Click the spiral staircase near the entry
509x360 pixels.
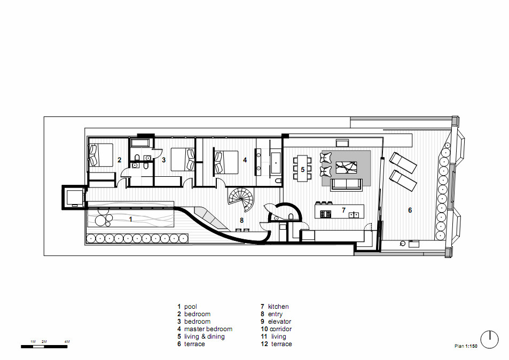click(x=240, y=198)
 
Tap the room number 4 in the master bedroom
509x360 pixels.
click(x=245, y=160)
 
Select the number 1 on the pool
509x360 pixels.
click(x=130, y=220)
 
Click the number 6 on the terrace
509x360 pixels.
click(x=410, y=210)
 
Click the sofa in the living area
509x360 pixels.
click(x=347, y=185)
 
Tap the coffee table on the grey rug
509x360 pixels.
click(x=347, y=168)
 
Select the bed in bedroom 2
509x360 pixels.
click(x=100, y=155)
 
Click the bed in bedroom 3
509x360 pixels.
click(x=183, y=159)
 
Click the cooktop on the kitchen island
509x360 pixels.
click(x=326, y=214)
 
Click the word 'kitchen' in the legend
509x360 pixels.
click(x=278, y=307)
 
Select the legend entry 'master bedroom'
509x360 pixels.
click(x=208, y=329)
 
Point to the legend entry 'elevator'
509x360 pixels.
click(x=279, y=322)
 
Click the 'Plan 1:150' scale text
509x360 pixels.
click(x=466, y=346)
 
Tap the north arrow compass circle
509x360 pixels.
click(x=489, y=340)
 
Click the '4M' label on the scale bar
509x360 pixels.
click(x=67, y=341)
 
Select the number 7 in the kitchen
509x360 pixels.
click(x=343, y=210)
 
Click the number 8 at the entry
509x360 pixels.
click(x=241, y=221)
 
